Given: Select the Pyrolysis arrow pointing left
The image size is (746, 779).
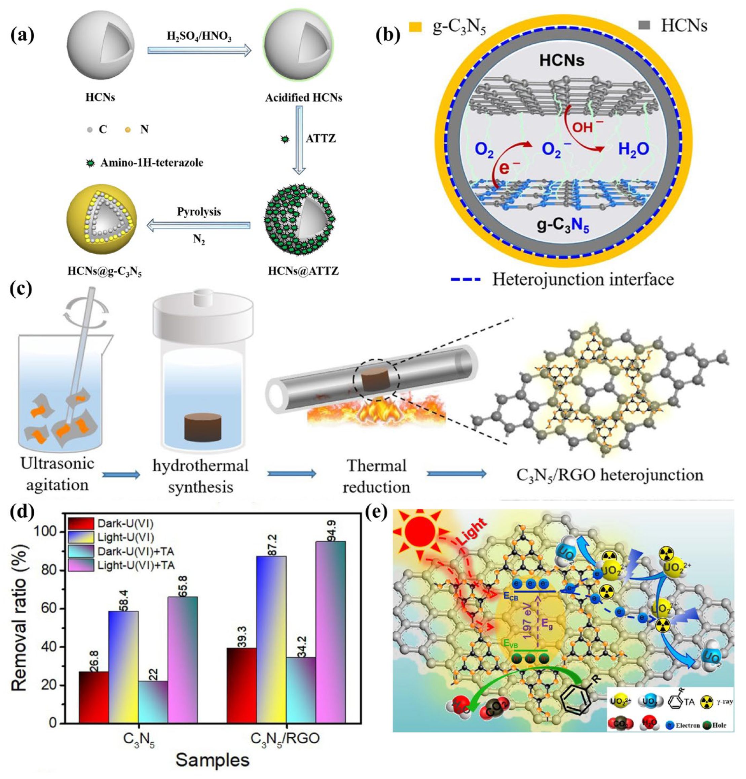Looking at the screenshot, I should tap(199, 226).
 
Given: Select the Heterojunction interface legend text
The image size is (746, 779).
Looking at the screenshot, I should tap(583, 280).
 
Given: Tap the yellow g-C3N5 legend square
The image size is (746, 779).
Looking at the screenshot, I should tap(415, 27).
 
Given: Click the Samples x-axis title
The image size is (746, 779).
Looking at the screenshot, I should tap(212, 759).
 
